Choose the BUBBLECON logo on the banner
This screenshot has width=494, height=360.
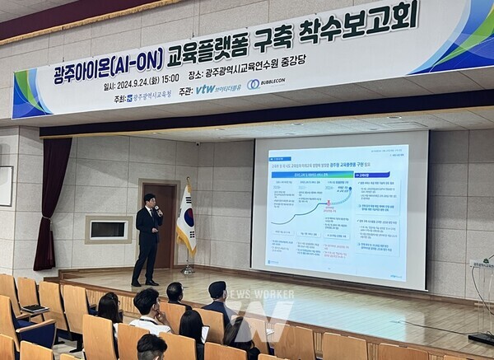[265, 83]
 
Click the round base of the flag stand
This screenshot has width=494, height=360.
[189, 270]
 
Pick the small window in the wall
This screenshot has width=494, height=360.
[109, 229]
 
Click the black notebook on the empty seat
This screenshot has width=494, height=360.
[34, 308]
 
